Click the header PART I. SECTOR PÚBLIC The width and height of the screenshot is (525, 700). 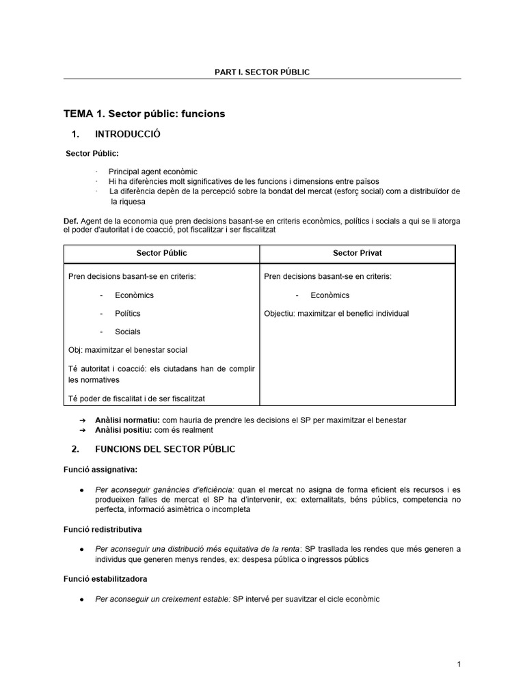(x=262, y=72)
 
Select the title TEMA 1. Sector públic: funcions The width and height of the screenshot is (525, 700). (x=144, y=113)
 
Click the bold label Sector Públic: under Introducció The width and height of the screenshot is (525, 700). (x=92, y=153)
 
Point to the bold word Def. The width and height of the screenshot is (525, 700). (x=70, y=221)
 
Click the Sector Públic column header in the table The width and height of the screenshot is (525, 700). (x=161, y=253)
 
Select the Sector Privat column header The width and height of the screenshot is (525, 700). (x=357, y=253)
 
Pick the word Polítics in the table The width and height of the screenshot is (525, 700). (x=128, y=313)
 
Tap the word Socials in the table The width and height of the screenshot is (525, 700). (x=128, y=332)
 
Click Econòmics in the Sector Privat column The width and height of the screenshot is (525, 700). (x=329, y=295)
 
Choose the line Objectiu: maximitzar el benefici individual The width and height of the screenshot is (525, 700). (x=336, y=313)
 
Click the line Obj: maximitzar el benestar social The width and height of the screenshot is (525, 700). (x=128, y=350)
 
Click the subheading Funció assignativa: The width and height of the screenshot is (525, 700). (x=98, y=470)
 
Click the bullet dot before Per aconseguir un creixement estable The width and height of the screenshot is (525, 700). (x=82, y=600)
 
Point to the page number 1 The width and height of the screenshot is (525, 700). (x=459, y=664)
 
